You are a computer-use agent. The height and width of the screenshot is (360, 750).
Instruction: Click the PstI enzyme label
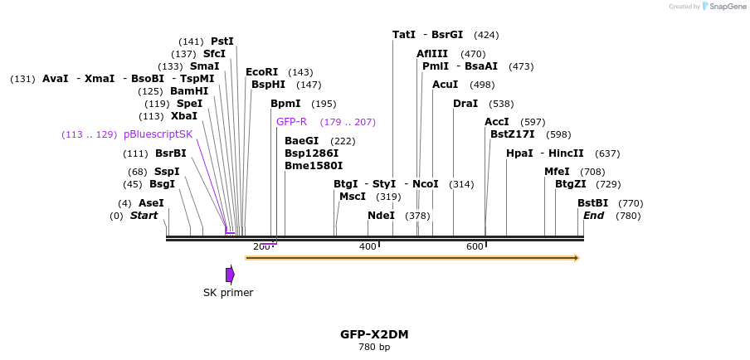point(222,41)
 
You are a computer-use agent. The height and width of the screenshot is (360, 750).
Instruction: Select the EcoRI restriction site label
point(261,72)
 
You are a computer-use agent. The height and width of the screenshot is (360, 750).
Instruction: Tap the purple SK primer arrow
point(230,275)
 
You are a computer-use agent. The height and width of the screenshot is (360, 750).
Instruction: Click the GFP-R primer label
point(291,122)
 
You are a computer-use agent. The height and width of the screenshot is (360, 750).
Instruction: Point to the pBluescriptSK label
point(158,134)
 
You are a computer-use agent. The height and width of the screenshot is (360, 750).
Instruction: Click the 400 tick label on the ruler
point(368,246)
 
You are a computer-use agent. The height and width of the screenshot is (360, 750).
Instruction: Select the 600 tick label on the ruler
point(475,246)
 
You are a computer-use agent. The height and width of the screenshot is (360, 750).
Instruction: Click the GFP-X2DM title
point(374,334)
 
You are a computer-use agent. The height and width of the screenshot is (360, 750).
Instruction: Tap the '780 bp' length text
point(374,347)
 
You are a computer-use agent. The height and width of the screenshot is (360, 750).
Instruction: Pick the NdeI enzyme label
point(381,216)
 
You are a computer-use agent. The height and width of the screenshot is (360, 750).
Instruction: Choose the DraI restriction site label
point(465,104)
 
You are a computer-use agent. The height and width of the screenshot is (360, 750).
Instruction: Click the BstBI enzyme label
point(592,203)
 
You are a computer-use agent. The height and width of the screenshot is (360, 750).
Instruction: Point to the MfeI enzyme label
point(557,172)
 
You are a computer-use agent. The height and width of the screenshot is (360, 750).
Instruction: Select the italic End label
point(593,216)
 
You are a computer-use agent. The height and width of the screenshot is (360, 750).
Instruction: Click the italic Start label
point(144,216)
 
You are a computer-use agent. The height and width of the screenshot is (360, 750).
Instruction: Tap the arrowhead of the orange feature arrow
point(576,258)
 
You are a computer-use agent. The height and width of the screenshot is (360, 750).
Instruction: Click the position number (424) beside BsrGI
point(486,35)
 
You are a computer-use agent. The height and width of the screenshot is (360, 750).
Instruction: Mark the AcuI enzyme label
point(445,85)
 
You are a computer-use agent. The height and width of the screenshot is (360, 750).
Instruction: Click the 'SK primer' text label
point(228,293)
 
